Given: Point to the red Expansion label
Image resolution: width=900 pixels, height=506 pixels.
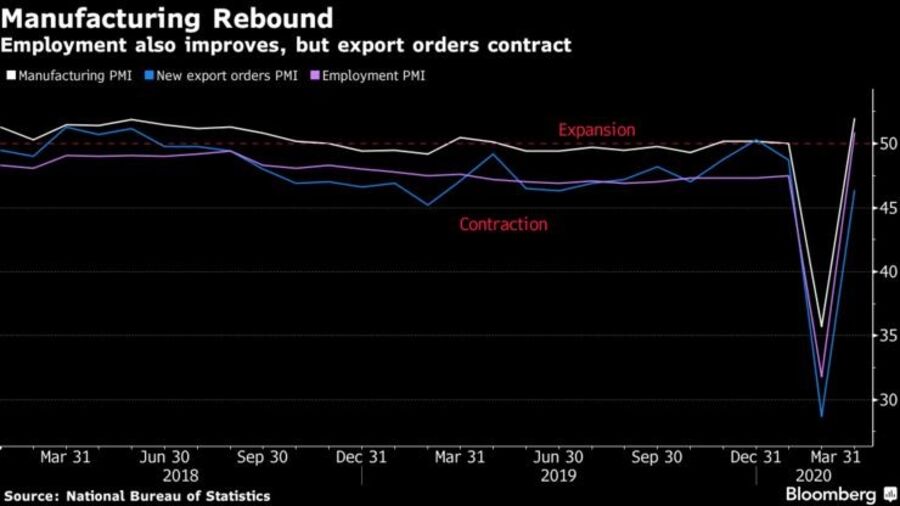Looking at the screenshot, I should (596, 130).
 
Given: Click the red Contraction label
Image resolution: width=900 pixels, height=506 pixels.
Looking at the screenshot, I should (503, 225).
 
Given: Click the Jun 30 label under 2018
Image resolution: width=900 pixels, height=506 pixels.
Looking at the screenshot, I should (165, 457).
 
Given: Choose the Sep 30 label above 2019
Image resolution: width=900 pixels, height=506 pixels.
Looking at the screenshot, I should (659, 457).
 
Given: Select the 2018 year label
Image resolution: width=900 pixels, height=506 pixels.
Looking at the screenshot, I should (180, 476).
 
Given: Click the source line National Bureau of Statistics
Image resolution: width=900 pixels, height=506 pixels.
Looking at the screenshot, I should (137, 496).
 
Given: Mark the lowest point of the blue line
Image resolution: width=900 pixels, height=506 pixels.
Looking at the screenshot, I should (822, 416).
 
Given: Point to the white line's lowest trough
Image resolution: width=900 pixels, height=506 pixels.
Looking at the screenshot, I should (822, 326).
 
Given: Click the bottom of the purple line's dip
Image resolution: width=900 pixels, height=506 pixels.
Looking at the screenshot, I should (822, 377).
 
